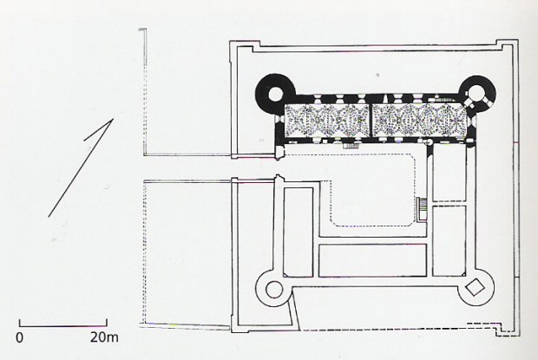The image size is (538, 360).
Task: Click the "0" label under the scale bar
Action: [x=20, y=337]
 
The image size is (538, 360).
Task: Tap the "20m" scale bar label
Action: [x=104, y=337]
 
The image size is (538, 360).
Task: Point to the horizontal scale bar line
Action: [x=63, y=325]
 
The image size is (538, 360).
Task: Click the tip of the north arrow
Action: [x=113, y=119]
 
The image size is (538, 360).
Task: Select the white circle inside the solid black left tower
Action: [x=276, y=93]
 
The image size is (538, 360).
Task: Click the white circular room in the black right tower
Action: [x=476, y=92]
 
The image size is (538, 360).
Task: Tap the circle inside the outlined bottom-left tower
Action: [x=274, y=290]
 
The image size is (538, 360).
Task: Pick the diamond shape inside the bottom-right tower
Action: [x=475, y=287]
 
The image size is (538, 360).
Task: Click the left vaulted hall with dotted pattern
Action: [x=327, y=121]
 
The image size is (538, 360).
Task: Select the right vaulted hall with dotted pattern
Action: [x=420, y=121]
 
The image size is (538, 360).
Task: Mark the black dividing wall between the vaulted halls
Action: [x=371, y=121]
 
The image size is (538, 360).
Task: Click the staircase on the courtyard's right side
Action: [x=422, y=208]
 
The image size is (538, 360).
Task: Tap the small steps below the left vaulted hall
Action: [x=351, y=146]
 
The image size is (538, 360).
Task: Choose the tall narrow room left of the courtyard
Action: [x=299, y=232]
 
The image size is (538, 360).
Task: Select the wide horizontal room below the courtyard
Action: [x=372, y=260]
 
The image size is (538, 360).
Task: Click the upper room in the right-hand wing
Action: [x=449, y=172]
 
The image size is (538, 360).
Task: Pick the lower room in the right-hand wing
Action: [x=449, y=240]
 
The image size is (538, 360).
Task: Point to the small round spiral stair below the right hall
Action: [x=428, y=141]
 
